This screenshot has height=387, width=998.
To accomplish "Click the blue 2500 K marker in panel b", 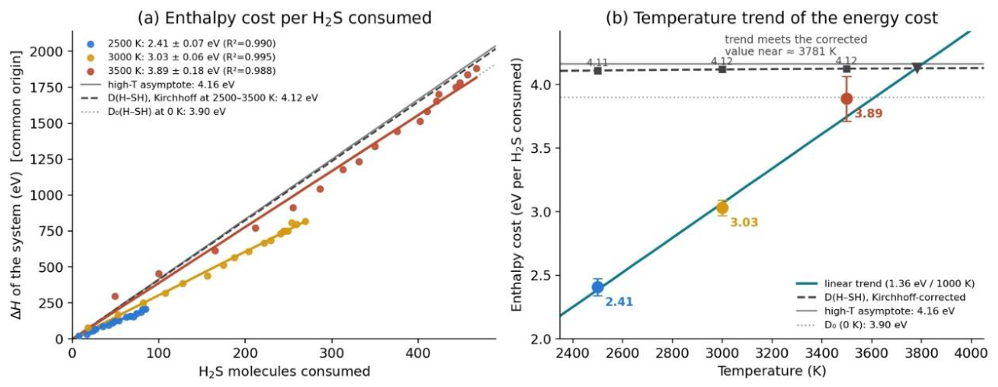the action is point(598,287).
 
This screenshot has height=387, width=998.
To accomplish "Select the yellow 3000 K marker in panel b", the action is point(723,208).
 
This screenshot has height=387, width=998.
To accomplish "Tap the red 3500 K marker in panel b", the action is point(847,99).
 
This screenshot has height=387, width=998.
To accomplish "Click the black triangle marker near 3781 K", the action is point(917,68).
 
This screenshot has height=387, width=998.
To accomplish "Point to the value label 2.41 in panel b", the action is point(619,302).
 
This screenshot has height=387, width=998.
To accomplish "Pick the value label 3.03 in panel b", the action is point(743,222).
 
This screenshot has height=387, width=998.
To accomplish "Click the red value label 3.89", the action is point(868,113).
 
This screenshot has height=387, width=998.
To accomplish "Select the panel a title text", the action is point(284,19).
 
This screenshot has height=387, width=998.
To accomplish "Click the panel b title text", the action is point(772,19).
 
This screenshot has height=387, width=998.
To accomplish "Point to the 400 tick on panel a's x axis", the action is point(417,354).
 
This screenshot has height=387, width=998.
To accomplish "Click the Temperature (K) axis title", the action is point(772,371).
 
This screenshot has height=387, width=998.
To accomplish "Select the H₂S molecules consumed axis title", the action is point(284,372).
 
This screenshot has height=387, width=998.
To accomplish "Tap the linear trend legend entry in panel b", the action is point(885,284).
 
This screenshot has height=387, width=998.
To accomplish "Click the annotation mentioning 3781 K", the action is point(796,45).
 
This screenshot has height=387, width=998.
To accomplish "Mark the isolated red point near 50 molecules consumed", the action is point(115,296).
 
